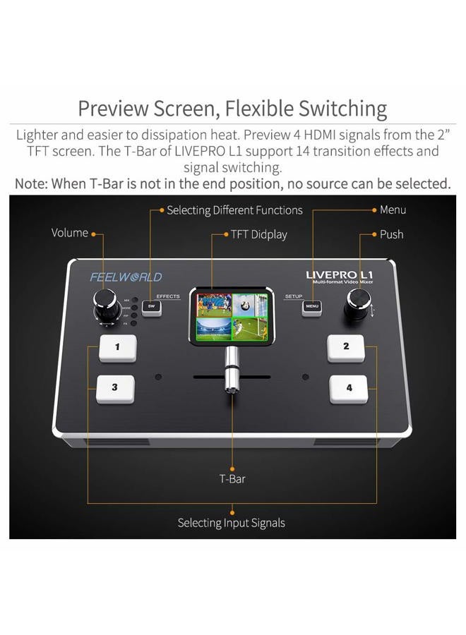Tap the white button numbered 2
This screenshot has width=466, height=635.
coord(345,346)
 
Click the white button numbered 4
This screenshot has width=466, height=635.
coord(348,387)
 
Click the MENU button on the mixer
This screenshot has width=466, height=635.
coord(313,307)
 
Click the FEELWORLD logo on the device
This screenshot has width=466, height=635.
coord(126,277)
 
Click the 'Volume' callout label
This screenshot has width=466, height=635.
coord(69,233)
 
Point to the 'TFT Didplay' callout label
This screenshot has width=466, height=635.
coord(258,234)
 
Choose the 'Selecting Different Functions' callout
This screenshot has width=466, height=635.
coord(234,210)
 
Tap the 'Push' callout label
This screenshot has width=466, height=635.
coord(391,234)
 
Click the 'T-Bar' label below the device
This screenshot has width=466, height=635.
coord(232,479)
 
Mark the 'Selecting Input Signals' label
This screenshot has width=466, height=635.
coord(232,523)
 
